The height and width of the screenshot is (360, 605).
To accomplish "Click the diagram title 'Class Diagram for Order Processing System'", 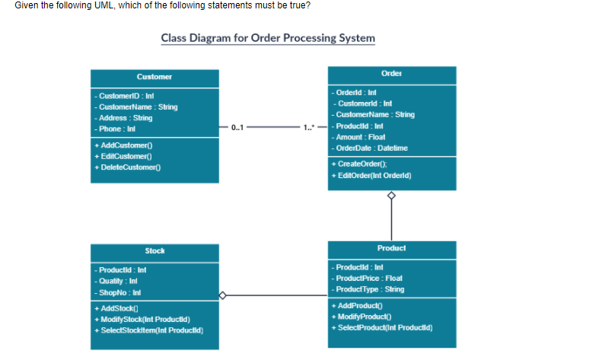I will tap(268, 38).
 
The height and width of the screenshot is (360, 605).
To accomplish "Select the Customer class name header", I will tap(154, 77).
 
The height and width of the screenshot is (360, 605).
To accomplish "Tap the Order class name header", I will tap(391, 74).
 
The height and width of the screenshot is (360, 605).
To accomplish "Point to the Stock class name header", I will tap(154, 250).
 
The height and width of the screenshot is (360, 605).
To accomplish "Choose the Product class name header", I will tap(391, 248).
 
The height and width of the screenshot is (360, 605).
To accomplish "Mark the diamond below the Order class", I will tap(392, 196).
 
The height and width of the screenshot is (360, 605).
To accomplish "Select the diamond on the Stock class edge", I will tap(222, 295).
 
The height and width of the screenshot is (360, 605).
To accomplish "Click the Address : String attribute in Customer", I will tap(123, 118).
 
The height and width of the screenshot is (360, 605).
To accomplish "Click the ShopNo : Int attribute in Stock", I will tap(115, 292).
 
